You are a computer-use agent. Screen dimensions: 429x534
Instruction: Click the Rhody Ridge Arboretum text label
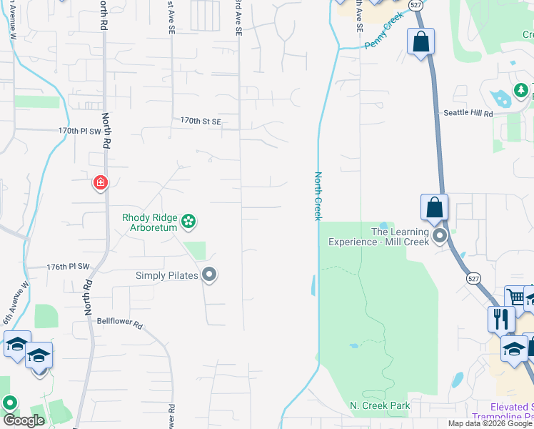pos(150,223)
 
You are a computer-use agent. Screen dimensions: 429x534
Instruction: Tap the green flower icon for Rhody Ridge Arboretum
pos(188,222)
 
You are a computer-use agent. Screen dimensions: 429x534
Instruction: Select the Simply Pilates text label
pos(167,275)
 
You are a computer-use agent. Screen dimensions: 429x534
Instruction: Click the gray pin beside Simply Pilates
pos(209,275)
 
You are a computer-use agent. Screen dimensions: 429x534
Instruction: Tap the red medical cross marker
pos(101,183)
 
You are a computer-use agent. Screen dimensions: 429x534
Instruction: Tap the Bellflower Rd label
pos(120,323)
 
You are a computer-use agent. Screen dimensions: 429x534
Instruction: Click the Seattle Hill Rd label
pos(468,113)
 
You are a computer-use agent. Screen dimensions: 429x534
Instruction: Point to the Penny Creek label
pos(384,34)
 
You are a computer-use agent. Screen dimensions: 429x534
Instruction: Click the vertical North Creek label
pos(318,196)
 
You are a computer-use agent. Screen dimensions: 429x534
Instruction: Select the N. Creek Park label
pos(380,405)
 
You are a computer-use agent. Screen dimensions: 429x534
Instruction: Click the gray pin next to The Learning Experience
pos(440,235)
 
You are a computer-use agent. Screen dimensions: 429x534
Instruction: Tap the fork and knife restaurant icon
pos(500,318)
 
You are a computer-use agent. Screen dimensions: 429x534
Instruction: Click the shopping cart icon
pos(515,297)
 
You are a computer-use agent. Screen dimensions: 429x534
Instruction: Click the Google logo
pos(24,421)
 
